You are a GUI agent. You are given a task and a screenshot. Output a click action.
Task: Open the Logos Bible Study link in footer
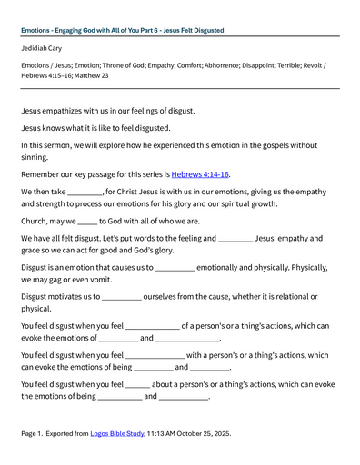tap(117, 433)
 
